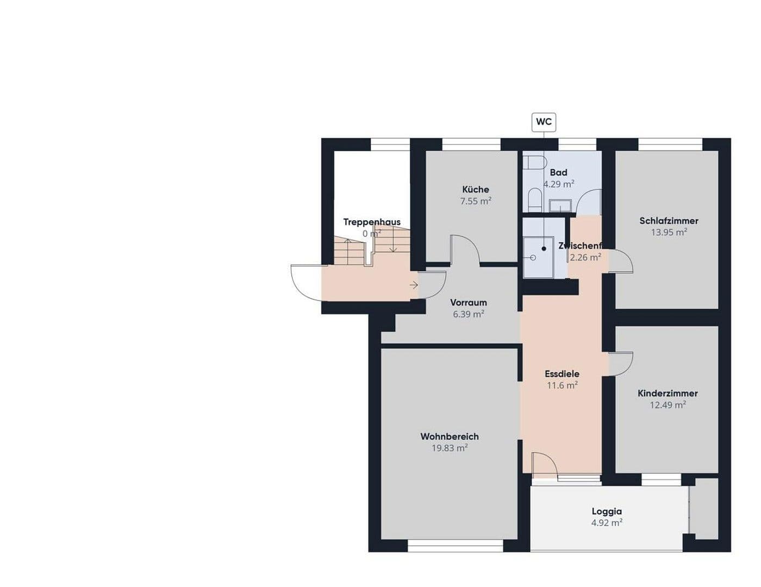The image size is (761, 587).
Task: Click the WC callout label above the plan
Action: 544,122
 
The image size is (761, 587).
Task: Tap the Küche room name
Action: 476,189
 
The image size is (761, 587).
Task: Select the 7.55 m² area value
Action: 476,201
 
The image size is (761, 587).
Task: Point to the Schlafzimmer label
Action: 669,221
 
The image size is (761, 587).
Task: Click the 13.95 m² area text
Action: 669,232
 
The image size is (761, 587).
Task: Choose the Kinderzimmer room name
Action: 668,393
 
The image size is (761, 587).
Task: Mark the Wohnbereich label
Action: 450,436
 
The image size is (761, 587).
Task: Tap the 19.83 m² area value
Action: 450,448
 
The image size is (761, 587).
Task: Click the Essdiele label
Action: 562,374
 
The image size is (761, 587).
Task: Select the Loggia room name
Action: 607,511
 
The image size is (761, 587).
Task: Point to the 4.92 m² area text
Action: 607,523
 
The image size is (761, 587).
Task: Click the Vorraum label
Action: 469,303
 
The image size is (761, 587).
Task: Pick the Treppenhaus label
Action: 372,222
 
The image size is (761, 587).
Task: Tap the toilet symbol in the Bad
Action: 535,163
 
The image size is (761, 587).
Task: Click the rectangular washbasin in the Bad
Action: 559,205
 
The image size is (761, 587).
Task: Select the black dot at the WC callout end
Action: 544,248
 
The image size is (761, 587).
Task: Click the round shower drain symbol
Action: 533,258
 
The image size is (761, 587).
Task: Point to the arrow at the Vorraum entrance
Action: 414,285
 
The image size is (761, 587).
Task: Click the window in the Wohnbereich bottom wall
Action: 456,546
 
